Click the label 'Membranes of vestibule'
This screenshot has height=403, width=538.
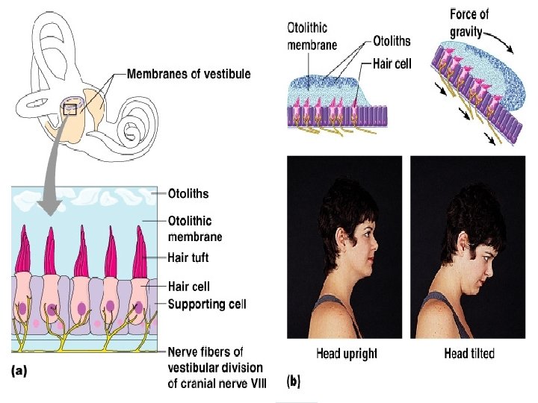coord(189,74)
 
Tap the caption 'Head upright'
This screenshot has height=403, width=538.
coord(347,353)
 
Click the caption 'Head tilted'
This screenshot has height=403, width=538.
coord(469,353)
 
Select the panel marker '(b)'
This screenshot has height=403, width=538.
coord(294,381)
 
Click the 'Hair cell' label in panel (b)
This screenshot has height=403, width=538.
coord(392,65)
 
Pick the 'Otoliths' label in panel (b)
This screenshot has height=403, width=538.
coord(389,41)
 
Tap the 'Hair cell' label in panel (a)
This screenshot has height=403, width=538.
coord(189,286)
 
